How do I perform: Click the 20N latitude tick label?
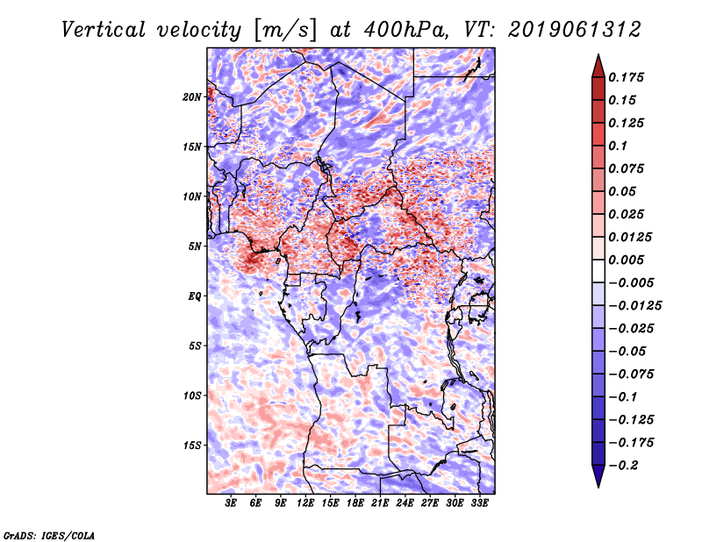192,97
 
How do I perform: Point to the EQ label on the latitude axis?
195,296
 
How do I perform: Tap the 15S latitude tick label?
192,446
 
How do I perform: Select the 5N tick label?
195,246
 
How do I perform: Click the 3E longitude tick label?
231,503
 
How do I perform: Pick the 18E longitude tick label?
355,503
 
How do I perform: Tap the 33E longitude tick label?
479,503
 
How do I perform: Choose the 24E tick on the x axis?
405,503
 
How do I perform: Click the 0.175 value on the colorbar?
626,77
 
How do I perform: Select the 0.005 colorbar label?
626,260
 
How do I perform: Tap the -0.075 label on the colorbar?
631,374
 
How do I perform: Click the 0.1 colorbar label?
618,146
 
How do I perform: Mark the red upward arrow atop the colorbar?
598,66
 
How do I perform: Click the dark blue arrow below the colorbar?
598,476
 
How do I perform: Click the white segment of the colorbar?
598,271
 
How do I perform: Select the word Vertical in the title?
104,30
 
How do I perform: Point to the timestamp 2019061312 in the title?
575,30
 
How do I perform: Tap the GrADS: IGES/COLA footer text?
49,535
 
